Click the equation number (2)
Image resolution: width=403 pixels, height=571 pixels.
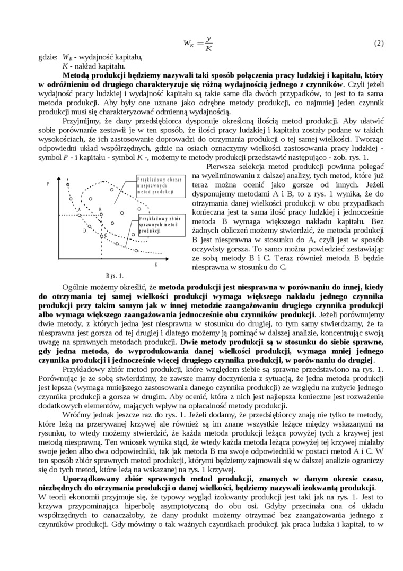tap(379, 43)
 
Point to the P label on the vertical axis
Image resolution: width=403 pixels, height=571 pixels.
tap(48, 184)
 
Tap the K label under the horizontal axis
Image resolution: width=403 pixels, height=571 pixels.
tap(156, 265)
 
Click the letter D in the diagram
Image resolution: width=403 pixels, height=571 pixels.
tap(84, 231)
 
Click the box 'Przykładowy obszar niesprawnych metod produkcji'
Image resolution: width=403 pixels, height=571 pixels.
tap(159, 186)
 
